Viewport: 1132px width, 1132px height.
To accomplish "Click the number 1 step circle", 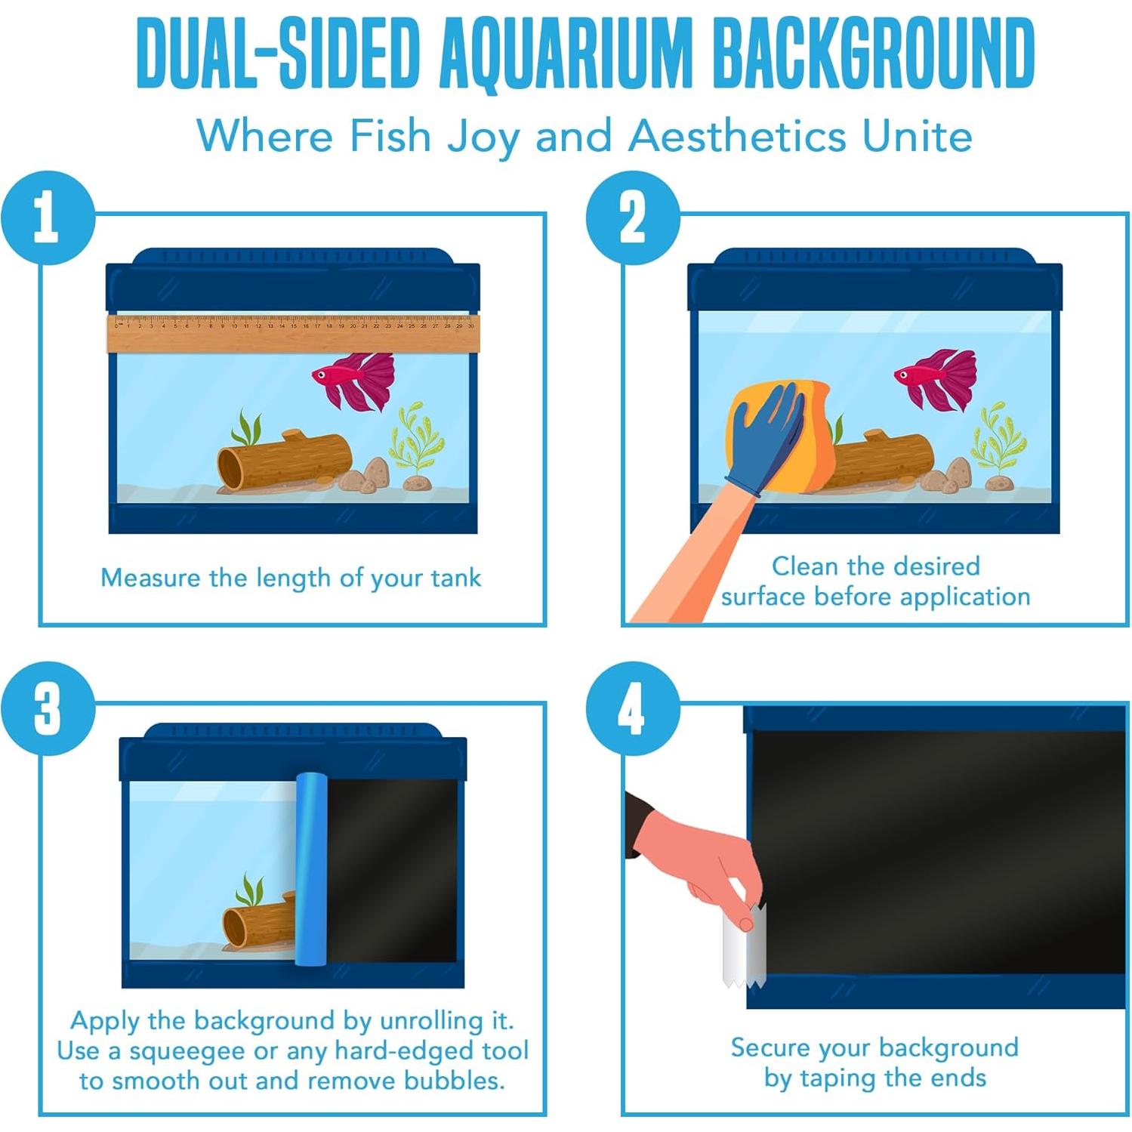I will coord(48,217).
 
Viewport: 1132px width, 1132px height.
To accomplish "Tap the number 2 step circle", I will coord(633,217).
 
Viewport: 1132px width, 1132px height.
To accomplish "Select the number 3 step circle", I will coord(48,708).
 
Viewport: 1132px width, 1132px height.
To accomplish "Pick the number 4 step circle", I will coord(633,708).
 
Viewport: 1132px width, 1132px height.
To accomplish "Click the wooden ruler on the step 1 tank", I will coord(293,334).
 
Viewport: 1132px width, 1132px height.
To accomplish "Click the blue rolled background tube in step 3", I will coord(310,868).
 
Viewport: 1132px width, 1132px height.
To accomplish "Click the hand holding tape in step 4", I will coord(699,861).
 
